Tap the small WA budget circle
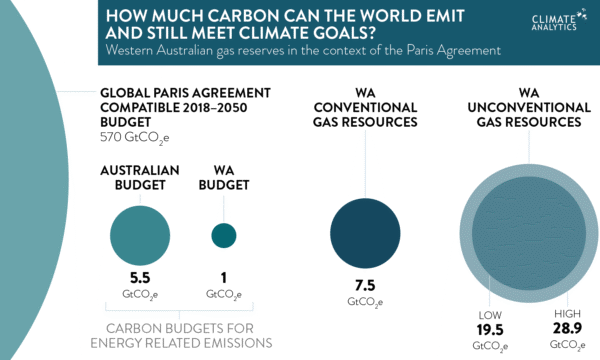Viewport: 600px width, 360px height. pos(224,235)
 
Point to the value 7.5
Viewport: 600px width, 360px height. pos(364,285)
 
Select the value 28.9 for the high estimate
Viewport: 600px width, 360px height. pos(567,329)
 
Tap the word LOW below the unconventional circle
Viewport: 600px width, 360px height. pos(487,313)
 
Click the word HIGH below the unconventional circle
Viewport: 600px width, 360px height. pos(567,313)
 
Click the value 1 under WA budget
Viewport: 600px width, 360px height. pos(224,279)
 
